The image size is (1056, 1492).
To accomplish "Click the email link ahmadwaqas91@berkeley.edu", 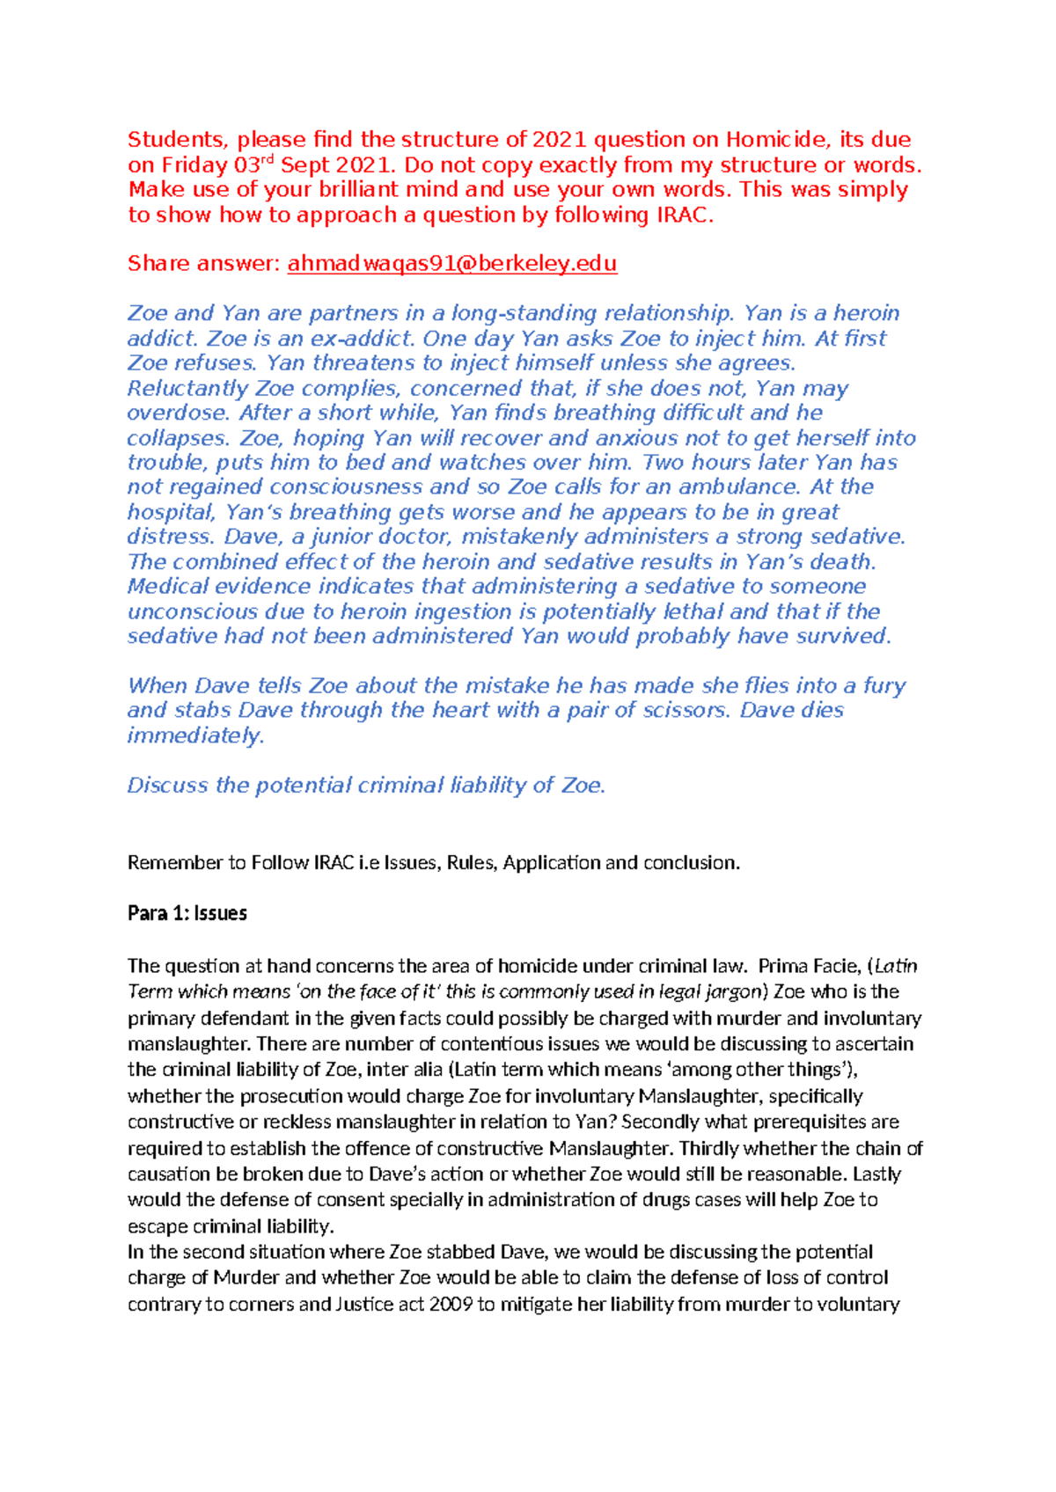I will point(451,263).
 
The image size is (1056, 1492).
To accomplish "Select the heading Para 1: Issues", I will point(187,913).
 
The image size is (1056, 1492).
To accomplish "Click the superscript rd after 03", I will point(268,159).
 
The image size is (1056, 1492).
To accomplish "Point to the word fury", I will point(884,685).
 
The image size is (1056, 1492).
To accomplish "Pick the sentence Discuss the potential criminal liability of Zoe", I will point(366,785).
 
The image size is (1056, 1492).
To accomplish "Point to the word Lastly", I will point(876,1174).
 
